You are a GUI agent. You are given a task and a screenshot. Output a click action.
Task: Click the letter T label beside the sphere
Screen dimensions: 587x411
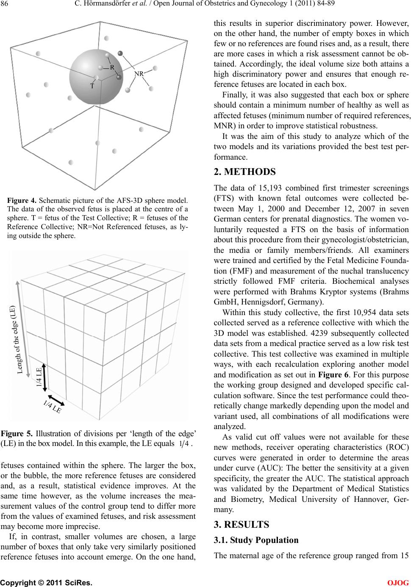point(92,86)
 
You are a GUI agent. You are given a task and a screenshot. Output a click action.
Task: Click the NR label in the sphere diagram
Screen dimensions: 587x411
point(139,73)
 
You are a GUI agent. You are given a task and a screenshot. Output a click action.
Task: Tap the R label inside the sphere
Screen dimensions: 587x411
point(112,67)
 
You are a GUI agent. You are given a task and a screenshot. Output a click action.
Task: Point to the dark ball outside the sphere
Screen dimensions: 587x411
point(120,53)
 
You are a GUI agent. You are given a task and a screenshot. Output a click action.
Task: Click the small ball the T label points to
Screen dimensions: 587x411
point(97,78)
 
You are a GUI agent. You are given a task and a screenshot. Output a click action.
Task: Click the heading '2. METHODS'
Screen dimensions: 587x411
point(244,172)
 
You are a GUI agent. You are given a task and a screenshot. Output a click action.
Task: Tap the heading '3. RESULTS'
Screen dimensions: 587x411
point(242,524)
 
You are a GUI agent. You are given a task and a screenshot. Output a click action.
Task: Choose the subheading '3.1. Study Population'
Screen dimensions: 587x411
point(256,540)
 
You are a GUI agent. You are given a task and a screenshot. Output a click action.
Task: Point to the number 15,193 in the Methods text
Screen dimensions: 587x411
point(266,188)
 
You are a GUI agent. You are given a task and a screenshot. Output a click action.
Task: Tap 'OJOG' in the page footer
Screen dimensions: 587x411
point(400,582)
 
